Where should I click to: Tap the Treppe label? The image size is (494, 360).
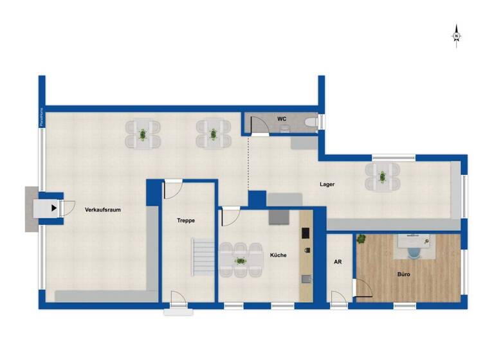pyautogui.click(x=186, y=221)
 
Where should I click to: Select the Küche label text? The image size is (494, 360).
pyautogui.click(x=279, y=255)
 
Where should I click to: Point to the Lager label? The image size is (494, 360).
pyautogui.click(x=327, y=184)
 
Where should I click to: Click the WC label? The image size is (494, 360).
pyautogui.click(x=281, y=119)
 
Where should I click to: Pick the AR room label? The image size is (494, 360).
pyautogui.click(x=338, y=262)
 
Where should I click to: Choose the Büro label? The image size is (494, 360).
pyautogui.click(x=403, y=274)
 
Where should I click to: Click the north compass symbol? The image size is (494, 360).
pyautogui.click(x=456, y=35)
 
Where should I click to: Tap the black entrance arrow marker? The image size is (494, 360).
pyautogui.click(x=53, y=208)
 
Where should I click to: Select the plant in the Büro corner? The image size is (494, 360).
pyautogui.click(x=361, y=240)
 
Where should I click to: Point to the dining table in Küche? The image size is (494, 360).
pyautogui.click(x=239, y=261)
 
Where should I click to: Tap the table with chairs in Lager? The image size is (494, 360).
pyautogui.click(x=382, y=175)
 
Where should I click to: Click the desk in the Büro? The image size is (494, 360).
pyautogui.click(x=415, y=244)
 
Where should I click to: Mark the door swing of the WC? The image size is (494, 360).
pyautogui.click(x=259, y=125)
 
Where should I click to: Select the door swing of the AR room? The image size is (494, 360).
pyautogui.click(x=338, y=298)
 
